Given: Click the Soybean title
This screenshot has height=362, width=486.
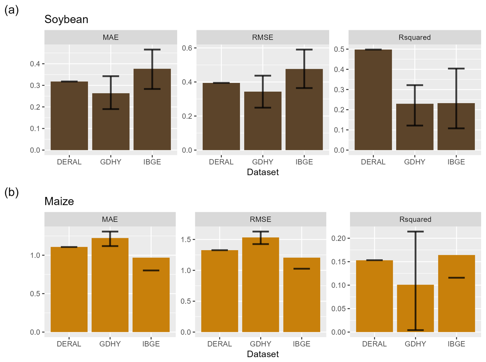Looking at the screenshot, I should [x=66, y=19].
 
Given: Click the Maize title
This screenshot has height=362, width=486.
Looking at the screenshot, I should [x=59, y=202].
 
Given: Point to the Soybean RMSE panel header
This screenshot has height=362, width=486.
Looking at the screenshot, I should [x=263, y=37].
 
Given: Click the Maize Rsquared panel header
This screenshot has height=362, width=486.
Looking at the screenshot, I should [x=415, y=219].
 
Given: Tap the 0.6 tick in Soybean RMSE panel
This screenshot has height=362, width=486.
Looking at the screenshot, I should [x=187, y=48].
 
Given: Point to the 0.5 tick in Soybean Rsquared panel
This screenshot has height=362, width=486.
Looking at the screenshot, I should [x=339, y=49].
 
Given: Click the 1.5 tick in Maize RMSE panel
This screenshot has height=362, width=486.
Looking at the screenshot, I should [x=186, y=240].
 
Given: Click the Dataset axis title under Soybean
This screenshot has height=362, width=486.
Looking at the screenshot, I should [x=263, y=172].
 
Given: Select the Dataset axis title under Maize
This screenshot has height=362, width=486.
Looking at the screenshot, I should [x=263, y=354].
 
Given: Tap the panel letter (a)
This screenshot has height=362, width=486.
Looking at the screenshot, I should [x=12, y=10].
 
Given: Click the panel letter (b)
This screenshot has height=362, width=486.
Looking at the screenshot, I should [x=12, y=192].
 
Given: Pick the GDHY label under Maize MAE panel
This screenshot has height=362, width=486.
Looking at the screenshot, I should [x=110, y=344].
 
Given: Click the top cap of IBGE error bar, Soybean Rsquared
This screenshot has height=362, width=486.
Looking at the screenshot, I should [x=456, y=69].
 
